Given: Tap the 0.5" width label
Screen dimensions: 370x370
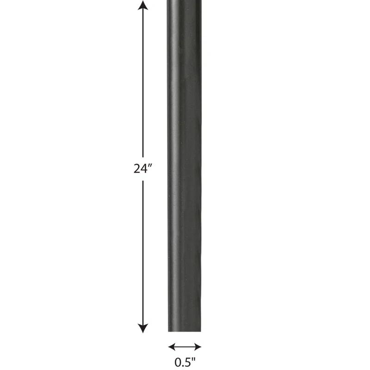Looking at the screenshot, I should point(185,363).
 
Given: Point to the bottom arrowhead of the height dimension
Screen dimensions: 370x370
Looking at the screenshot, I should point(143,328).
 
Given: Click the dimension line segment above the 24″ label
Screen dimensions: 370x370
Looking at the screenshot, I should point(143,83).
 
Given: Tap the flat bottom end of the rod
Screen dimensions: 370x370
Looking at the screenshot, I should point(185,330).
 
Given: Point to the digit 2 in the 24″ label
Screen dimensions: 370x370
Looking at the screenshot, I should point(137,169).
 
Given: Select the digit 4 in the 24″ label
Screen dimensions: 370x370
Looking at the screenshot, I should point(144,169).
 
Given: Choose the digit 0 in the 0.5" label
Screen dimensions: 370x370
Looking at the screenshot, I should point(177,363).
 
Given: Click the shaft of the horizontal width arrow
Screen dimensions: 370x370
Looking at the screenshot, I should point(185,346).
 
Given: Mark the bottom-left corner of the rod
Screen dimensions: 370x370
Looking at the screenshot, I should point(168,331).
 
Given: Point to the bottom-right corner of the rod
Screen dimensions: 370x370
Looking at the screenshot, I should point(201,331).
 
